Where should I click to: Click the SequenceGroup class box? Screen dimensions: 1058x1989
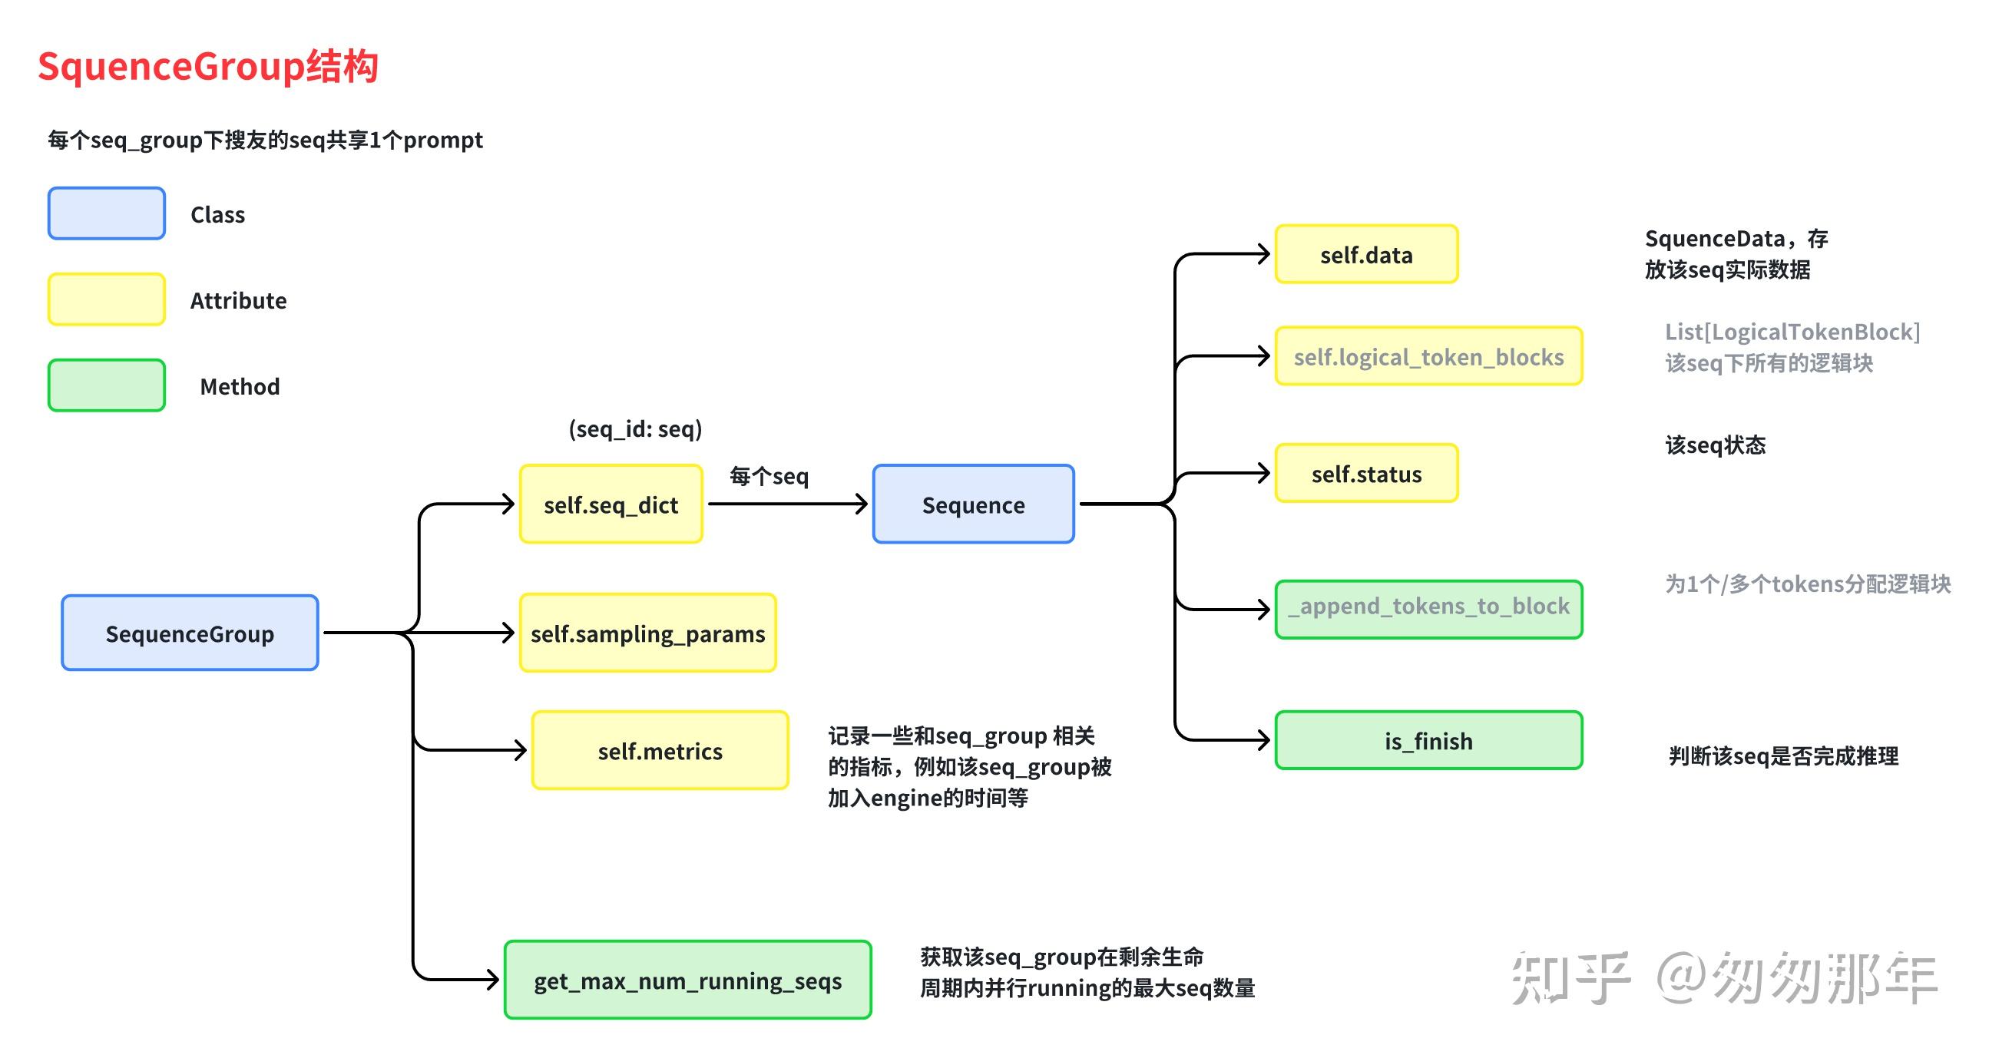pyautogui.click(x=190, y=633)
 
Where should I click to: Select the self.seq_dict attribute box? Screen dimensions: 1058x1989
pyautogui.click(x=611, y=504)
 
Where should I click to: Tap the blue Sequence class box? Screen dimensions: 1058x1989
pyautogui.click(x=973, y=504)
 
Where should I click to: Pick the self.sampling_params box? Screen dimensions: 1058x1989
pyautogui.click(x=647, y=633)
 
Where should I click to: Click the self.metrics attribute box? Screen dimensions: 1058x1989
pyautogui.click(x=660, y=750)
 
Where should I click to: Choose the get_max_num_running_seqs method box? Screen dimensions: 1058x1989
pyautogui.click(x=687, y=980)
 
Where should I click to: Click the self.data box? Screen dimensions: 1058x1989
pyautogui.click(x=1366, y=254)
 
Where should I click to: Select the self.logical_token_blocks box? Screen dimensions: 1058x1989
pyautogui.click(x=1428, y=355)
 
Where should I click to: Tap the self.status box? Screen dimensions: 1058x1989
pyautogui.click(x=1366, y=473)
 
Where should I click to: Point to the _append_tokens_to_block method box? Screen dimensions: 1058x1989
pyautogui.click(x=1428, y=609)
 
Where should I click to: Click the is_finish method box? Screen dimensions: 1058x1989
pyautogui.click(x=1428, y=740)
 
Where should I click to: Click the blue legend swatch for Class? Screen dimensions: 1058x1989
pyautogui.click(x=107, y=213)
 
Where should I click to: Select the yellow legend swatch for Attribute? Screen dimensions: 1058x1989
pyautogui.click(x=107, y=299)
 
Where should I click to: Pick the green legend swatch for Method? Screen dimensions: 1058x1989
pyautogui.click(x=107, y=385)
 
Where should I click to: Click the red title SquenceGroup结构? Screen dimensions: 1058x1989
pyautogui.click(x=207, y=65)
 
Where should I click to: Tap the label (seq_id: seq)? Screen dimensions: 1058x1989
pyautogui.click(x=634, y=428)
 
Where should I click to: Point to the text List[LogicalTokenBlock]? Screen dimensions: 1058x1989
pyautogui.click(x=1792, y=332)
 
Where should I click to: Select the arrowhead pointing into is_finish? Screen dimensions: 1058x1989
pyautogui.click(x=1263, y=740)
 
